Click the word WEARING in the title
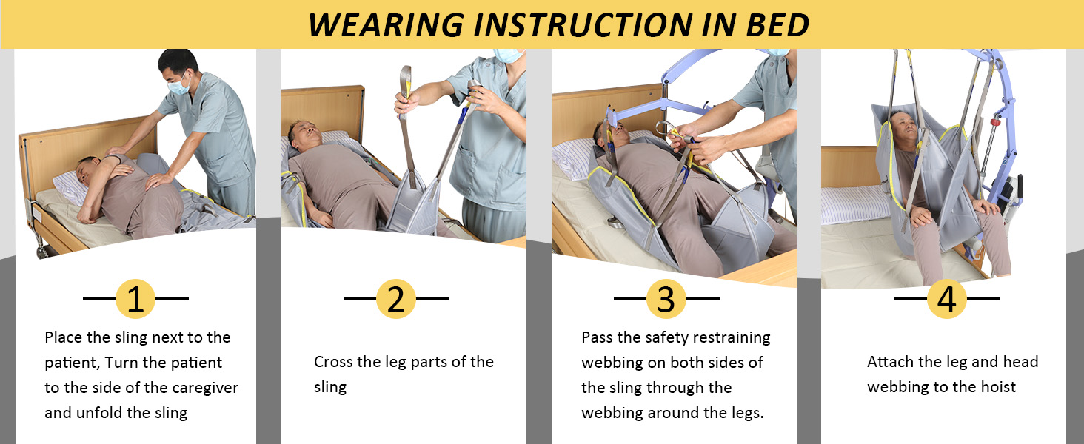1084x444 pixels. [x=385, y=25]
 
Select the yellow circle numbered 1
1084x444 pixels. [x=135, y=299]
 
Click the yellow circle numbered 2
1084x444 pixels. [x=396, y=299]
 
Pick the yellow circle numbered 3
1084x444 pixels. [x=666, y=299]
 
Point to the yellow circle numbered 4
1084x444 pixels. [x=947, y=299]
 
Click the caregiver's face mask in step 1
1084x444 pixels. [x=178, y=86]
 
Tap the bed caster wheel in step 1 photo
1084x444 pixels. [x=42, y=250]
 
